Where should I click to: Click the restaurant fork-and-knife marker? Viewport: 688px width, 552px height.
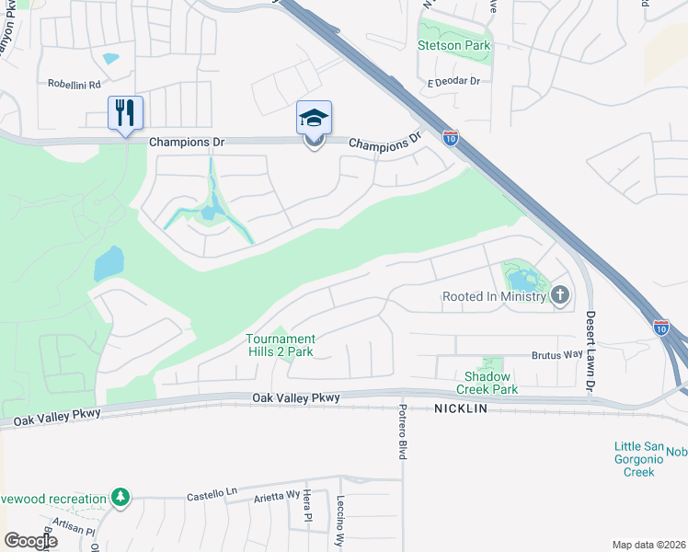click(125, 113)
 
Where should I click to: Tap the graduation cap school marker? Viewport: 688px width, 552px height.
click(314, 118)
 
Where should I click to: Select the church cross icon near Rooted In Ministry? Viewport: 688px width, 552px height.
click(560, 296)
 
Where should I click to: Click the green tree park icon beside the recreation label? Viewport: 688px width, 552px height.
click(120, 499)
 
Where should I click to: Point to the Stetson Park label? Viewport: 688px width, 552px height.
click(453, 45)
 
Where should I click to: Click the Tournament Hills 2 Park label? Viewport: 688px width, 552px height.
click(280, 345)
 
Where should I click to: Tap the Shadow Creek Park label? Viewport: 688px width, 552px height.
click(490, 383)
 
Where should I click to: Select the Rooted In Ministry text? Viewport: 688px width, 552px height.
click(495, 297)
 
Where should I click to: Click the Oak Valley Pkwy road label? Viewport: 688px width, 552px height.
click(296, 398)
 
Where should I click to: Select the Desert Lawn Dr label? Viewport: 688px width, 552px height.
click(591, 354)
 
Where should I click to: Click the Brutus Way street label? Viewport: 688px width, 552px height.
click(557, 355)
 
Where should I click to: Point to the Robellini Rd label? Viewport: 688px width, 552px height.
click(74, 83)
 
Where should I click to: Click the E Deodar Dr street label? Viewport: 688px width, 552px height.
click(453, 82)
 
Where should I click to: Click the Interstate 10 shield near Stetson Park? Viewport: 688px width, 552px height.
click(450, 138)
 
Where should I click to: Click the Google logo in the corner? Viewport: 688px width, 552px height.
click(29, 541)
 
